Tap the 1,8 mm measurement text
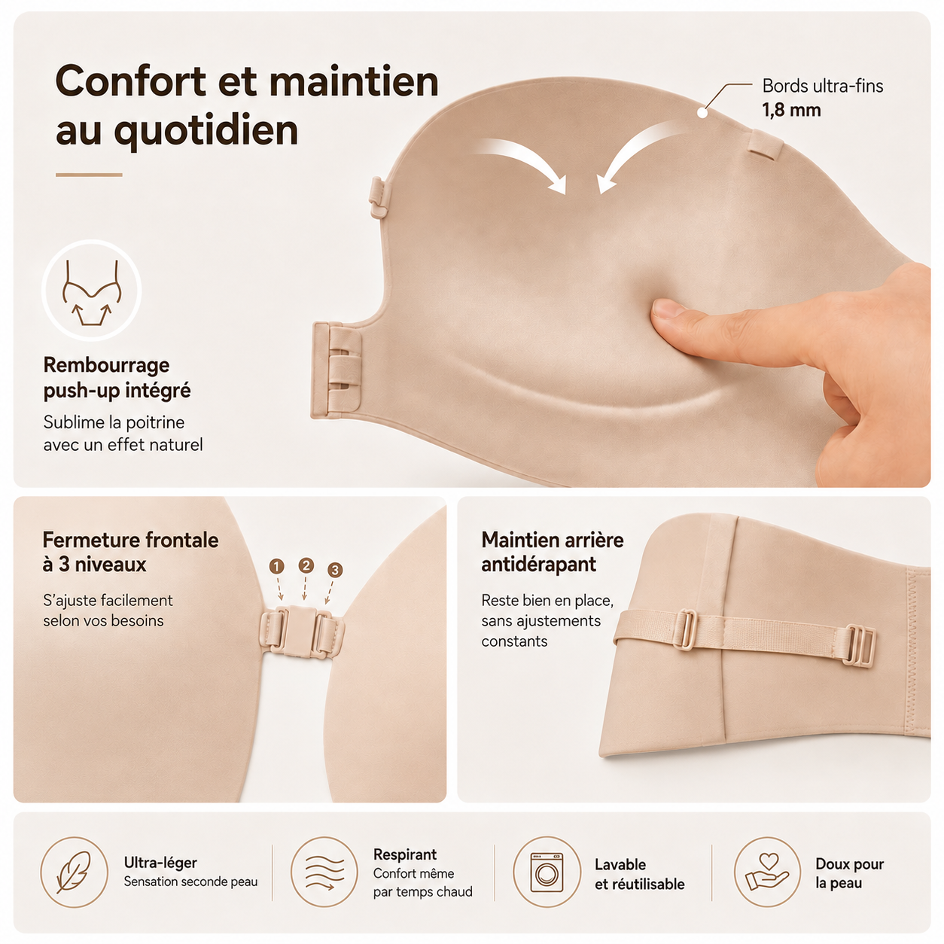(791, 110)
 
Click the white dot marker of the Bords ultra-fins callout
(702, 112)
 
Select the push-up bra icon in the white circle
(92, 292)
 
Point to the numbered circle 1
(277, 567)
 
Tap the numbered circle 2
(306, 565)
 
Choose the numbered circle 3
(335, 570)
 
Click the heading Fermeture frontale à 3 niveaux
(130, 552)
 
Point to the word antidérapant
(538, 565)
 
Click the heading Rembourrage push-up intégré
(117, 378)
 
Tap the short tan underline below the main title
(89, 175)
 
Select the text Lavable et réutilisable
(639, 875)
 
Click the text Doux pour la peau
(849, 873)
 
